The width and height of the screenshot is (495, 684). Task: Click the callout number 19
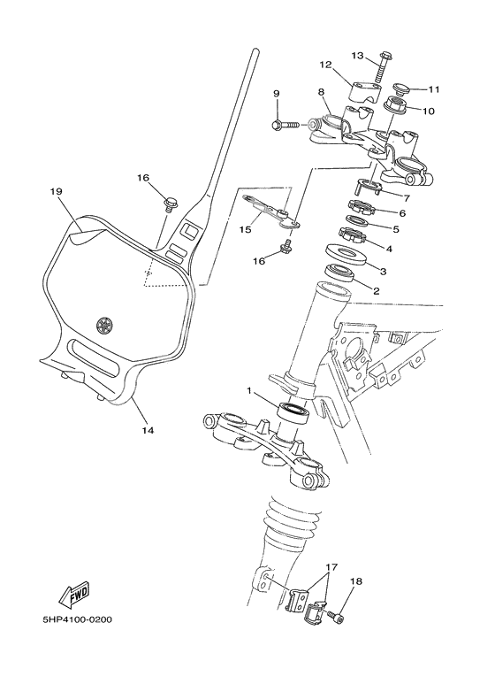pos(55,190)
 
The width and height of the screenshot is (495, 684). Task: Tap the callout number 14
pos(148,431)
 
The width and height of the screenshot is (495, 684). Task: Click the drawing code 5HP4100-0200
pos(77,619)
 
